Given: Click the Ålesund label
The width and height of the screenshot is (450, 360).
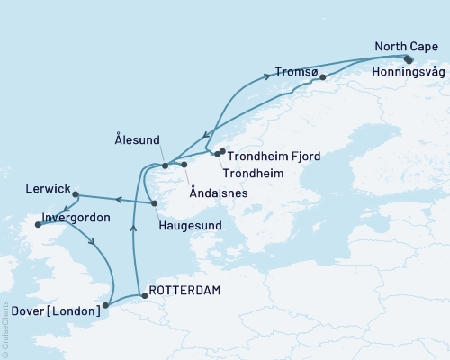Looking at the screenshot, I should click(138, 140).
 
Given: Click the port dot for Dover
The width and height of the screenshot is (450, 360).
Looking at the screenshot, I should click(107, 305).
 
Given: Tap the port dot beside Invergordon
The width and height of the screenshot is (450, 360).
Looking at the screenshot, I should click(38, 226).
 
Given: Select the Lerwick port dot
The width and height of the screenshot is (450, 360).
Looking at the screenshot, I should click(76, 194).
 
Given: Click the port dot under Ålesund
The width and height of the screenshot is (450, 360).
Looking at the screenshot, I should click(165, 166).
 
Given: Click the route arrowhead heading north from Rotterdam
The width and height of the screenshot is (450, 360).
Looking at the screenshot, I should click(133, 229).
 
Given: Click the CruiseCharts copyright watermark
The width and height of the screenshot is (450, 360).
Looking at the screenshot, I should click(5, 328).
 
